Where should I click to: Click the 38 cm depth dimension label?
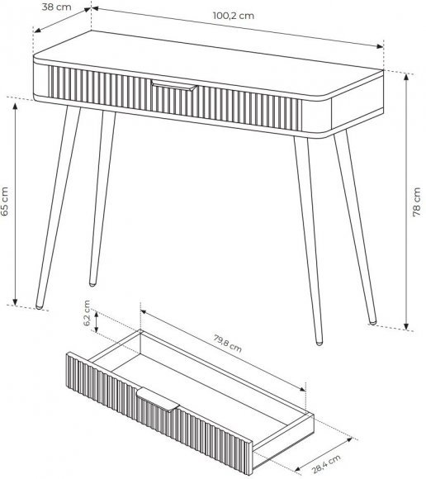tap(56, 7)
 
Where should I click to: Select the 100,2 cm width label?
tap(234, 16)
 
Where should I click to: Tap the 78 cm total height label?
tap(417, 202)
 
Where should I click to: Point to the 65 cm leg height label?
tap(5, 202)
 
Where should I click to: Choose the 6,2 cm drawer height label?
tap(87, 313)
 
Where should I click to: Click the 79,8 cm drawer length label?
tap(228, 344)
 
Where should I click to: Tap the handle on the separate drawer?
tap(158, 400)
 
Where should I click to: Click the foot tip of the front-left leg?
tap(39, 306)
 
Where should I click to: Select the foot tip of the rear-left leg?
tap(92, 284)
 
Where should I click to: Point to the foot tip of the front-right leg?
tap(319, 343)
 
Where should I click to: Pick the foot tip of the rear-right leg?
tap(372, 321)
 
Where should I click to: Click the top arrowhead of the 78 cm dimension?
tap(406, 77)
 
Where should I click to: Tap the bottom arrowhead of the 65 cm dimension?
tap(15, 301)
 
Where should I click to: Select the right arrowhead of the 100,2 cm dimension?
tap(380, 46)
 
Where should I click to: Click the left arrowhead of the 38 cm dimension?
tap(37, 30)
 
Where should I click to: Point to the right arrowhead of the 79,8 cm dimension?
tap(302, 389)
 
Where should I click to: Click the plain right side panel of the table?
tap(357, 108)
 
